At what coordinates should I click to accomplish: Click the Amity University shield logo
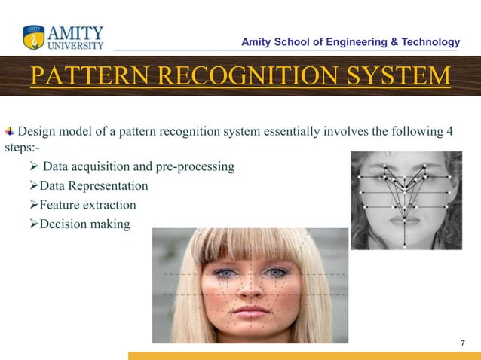(x=34, y=37)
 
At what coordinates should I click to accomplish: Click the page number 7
(x=463, y=343)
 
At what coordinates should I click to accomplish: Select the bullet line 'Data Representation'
(x=93, y=185)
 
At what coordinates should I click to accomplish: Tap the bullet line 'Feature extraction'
(x=87, y=205)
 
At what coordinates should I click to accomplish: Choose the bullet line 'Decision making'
(x=84, y=224)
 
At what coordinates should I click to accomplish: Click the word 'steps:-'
(x=22, y=148)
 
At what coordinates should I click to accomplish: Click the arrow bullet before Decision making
(x=33, y=224)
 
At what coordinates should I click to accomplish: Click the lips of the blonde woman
(x=248, y=310)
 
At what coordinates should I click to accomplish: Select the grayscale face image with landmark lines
(x=406, y=200)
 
